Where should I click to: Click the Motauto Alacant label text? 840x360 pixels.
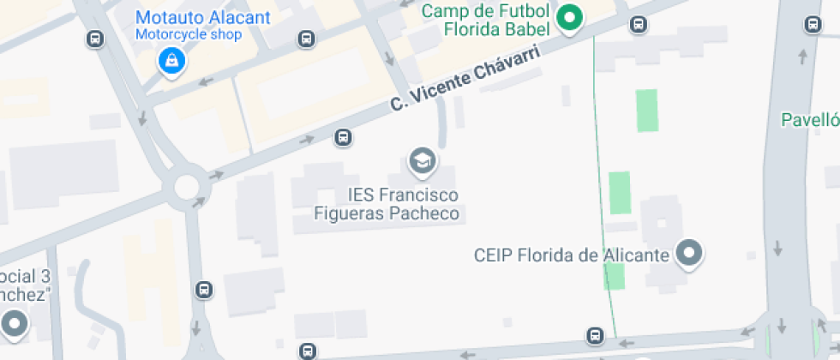(203, 18)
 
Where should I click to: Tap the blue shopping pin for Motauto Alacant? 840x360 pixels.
(171, 60)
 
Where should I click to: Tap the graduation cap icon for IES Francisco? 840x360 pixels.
(421, 159)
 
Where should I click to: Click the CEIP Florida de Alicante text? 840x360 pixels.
(571, 255)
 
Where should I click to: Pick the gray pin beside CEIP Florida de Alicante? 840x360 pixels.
(689, 254)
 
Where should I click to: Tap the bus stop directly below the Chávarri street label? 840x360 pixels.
(343, 137)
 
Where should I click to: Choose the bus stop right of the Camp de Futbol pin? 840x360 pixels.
(638, 24)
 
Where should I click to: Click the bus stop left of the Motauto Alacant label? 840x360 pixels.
(95, 39)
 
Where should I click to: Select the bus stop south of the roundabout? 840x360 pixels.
(204, 290)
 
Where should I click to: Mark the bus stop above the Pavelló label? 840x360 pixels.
(813, 25)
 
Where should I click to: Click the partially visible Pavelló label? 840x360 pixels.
(811, 120)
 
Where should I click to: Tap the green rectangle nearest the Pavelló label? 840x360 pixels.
(647, 111)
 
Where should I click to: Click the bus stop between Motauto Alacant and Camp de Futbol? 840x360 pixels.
(305, 39)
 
